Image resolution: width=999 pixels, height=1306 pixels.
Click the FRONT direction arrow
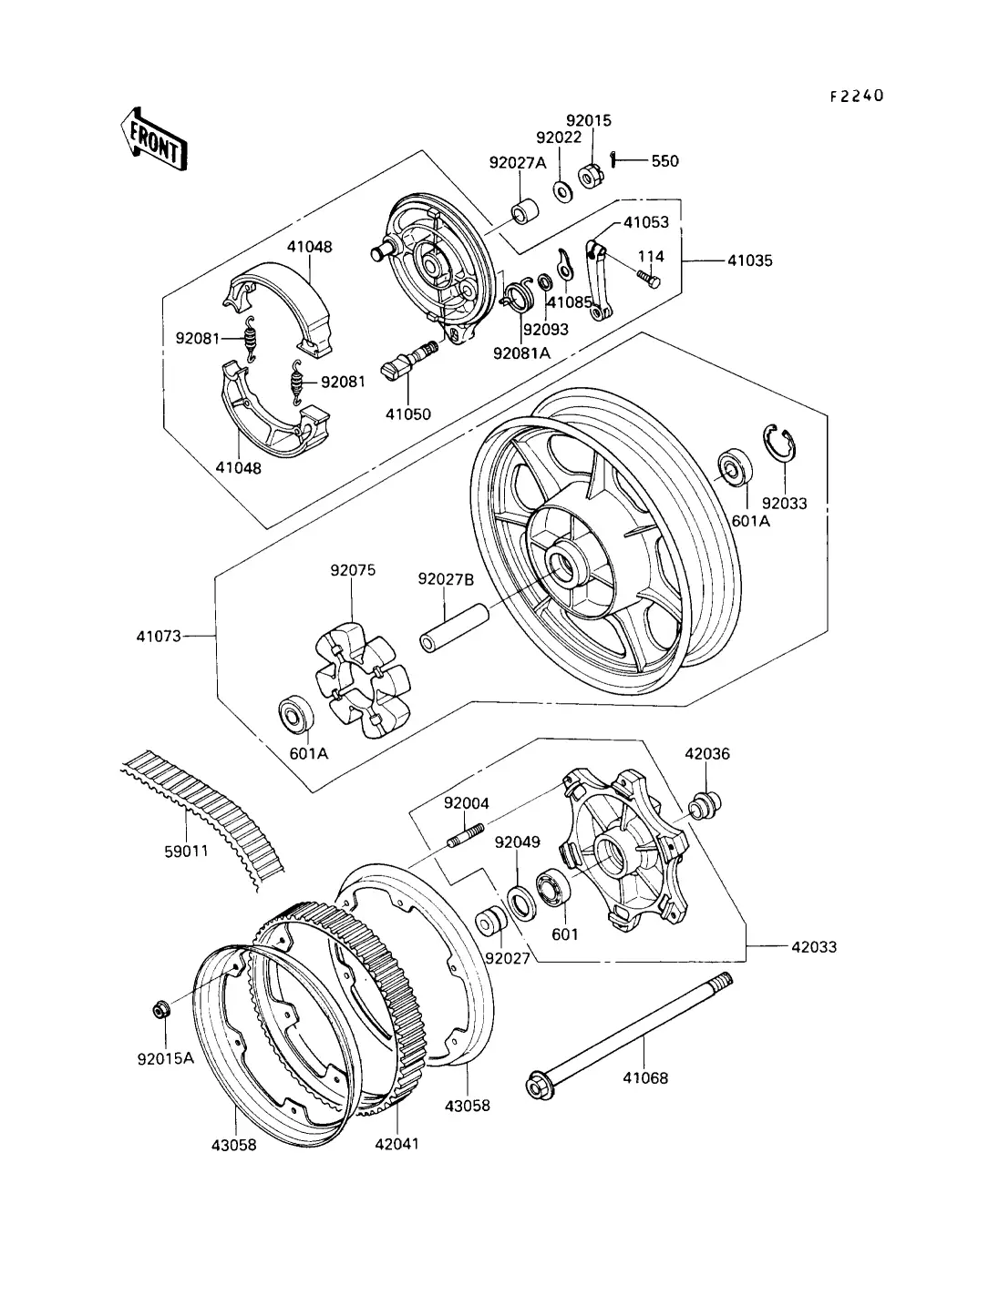tap(154, 139)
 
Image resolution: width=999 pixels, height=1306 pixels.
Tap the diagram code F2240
tap(858, 96)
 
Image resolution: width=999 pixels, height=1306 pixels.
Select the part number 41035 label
tap(749, 260)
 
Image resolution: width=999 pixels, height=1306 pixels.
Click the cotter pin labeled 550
tap(613, 159)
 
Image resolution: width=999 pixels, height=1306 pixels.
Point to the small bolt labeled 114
tap(648, 279)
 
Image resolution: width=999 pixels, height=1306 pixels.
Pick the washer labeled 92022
tap(562, 191)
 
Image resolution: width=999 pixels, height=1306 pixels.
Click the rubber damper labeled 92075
tap(363, 680)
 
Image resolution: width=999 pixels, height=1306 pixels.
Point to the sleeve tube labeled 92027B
tap(454, 628)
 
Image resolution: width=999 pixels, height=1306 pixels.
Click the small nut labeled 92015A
tap(160, 1009)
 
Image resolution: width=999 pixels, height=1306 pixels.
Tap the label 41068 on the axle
tap(645, 1077)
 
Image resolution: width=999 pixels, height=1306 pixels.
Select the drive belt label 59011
tap(186, 851)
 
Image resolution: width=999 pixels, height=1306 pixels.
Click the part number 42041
tap(397, 1144)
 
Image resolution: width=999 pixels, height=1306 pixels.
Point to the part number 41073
tap(159, 636)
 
